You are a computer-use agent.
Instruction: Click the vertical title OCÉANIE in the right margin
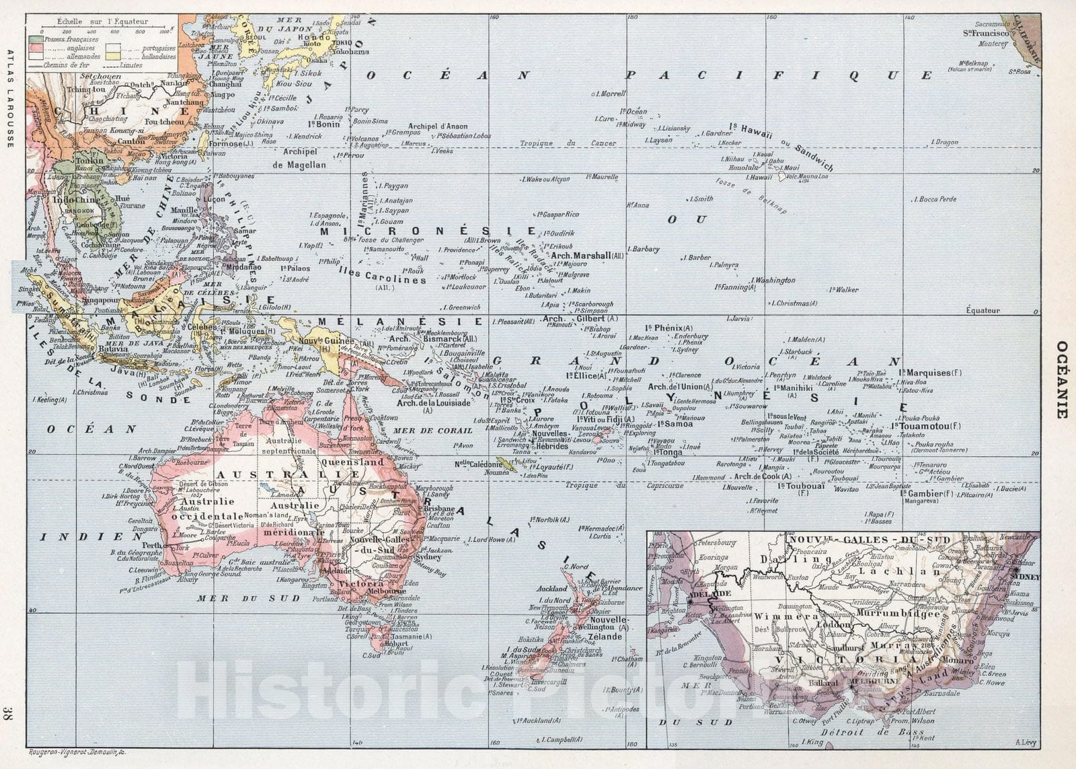1061,379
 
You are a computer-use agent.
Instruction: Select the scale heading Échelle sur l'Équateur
102,22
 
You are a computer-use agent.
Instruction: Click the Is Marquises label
928,373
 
